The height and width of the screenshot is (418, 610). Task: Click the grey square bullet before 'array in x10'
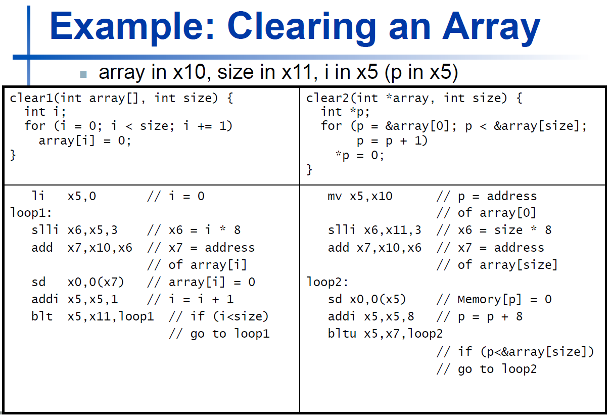click(83, 74)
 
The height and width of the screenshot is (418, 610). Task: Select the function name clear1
click(32, 98)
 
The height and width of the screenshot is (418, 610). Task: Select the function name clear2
click(328, 98)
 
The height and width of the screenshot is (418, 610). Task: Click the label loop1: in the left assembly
click(31, 213)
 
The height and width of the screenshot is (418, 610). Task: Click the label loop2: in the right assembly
click(327, 282)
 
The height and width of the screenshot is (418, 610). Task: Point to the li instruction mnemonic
click(38, 196)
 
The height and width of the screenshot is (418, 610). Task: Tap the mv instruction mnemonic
click(335, 196)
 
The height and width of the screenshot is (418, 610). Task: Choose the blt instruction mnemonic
click(42, 316)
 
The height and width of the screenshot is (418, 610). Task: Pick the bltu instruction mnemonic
click(342, 334)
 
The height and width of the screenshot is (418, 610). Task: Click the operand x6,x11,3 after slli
click(393, 230)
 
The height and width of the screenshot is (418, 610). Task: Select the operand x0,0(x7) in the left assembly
click(96, 282)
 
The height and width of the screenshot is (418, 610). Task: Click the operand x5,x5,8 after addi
click(389, 317)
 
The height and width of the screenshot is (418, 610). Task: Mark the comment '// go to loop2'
click(487, 369)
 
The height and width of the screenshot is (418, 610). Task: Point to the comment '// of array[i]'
click(197, 265)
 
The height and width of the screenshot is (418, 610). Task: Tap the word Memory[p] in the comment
click(490, 300)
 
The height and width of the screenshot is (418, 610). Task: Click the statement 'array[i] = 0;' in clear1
click(85, 141)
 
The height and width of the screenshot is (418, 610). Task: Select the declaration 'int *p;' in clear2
click(345, 112)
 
